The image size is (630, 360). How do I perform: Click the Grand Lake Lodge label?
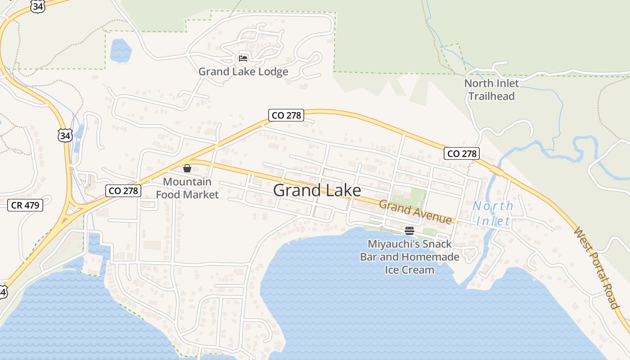(x=243, y=72)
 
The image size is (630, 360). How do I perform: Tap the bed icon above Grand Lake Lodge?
(x=243, y=58)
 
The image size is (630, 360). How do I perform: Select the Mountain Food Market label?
(x=187, y=188)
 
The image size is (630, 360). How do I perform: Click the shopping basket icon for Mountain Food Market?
(x=187, y=169)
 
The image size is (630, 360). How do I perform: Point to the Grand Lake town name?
(x=317, y=190)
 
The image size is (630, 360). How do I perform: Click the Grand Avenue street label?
(x=414, y=212)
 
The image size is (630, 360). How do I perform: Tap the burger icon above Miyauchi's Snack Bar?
(x=409, y=231)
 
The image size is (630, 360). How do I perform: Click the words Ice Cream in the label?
(x=409, y=270)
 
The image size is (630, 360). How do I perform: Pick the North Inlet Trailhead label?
(x=491, y=90)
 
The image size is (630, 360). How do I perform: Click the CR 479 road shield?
(x=26, y=205)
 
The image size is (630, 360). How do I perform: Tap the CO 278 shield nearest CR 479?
(x=123, y=191)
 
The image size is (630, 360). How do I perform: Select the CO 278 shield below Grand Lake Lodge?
(x=286, y=115)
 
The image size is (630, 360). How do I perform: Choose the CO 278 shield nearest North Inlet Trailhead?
(x=462, y=153)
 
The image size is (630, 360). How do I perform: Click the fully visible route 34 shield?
(x=64, y=135)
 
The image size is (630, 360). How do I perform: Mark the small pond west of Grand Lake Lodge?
(x=121, y=50)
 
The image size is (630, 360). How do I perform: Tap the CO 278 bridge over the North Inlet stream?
(x=497, y=171)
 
